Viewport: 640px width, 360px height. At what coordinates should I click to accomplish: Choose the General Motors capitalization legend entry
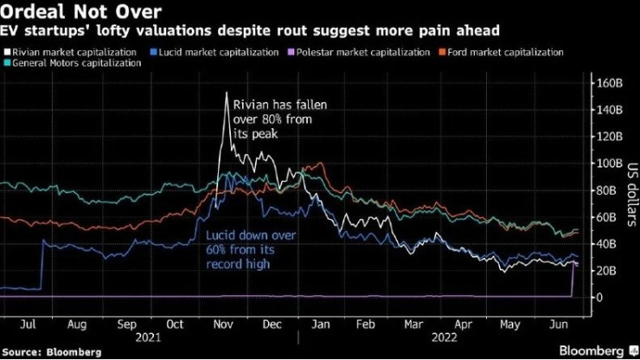[x=74, y=64]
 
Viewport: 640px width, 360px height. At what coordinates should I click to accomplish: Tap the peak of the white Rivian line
[x=227, y=93]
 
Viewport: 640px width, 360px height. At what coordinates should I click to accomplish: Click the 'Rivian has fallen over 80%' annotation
[x=285, y=120]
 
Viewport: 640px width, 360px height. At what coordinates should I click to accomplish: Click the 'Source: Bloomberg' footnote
[x=52, y=352]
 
